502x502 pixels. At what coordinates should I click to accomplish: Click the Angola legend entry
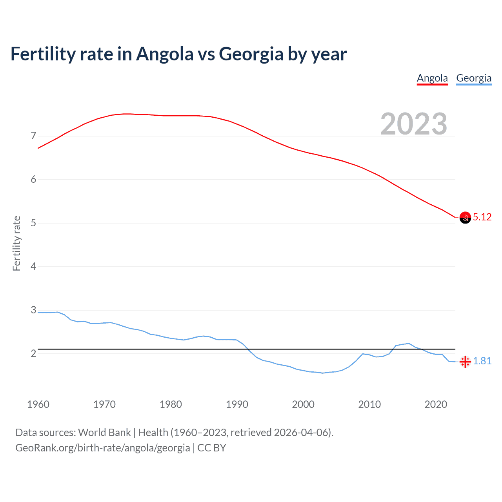point(432,78)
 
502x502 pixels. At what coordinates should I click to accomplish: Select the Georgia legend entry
point(474,78)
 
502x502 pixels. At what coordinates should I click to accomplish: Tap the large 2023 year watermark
point(414,124)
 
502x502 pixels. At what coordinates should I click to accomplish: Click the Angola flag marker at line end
point(465,218)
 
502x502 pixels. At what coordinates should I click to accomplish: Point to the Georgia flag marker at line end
point(465,361)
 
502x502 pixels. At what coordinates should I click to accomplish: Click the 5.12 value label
point(482,217)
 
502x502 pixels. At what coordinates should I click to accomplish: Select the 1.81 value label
point(482,361)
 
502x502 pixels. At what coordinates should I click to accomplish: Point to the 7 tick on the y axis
point(33,136)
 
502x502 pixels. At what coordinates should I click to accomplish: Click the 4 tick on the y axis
point(33,267)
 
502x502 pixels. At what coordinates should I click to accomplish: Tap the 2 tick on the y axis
point(33,354)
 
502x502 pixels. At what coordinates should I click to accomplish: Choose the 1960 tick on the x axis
point(38,404)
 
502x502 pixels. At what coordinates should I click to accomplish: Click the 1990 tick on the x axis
point(237,404)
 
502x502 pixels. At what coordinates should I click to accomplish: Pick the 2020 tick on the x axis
point(436,404)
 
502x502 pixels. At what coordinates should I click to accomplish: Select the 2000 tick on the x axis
point(303,404)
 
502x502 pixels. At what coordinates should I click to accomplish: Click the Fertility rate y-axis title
point(16,243)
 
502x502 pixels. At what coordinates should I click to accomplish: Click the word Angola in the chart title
point(165,54)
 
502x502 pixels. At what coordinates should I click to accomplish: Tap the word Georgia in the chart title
point(251,54)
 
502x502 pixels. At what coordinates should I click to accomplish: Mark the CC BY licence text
point(212,448)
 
